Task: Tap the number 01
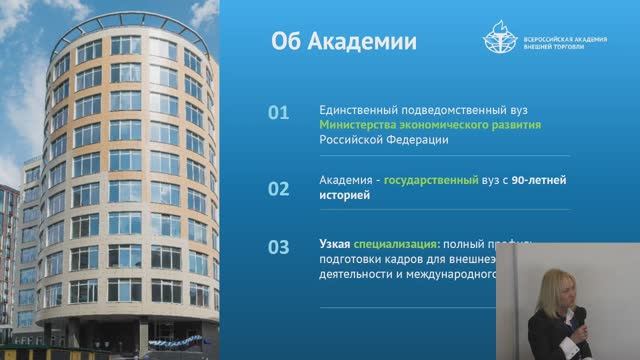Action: click(279, 113)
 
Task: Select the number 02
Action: click(279, 188)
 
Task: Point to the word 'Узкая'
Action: click(335, 242)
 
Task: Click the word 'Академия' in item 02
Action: click(346, 181)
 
